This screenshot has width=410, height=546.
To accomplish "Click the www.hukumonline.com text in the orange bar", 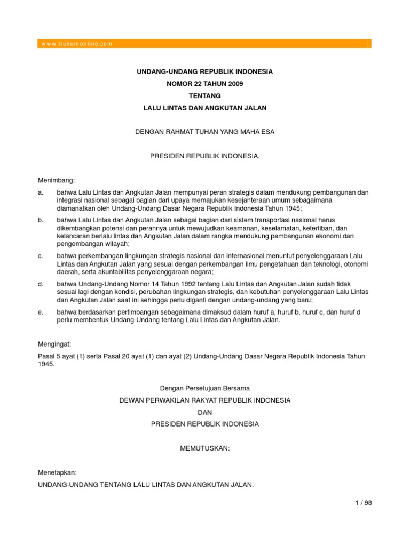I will click(75, 44).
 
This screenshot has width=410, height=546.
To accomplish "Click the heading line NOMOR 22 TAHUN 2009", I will click(204, 84).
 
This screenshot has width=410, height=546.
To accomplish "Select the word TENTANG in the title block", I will click(204, 96).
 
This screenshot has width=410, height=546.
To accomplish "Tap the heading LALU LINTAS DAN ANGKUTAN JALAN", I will click(204, 108).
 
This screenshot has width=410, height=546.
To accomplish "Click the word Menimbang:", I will click(57, 181).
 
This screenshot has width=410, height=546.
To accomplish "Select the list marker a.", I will click(41, 192).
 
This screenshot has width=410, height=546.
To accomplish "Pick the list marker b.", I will click(41, 220).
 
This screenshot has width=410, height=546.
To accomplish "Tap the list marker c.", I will click(41, 256).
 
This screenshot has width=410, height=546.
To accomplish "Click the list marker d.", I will click(41, 284).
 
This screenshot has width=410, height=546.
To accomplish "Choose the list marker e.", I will click(41, 311).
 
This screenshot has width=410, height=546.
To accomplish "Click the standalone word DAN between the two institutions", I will click(204, 412).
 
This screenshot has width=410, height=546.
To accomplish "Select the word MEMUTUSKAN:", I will click(204, 448).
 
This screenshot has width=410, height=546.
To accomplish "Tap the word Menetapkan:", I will click(57, 472).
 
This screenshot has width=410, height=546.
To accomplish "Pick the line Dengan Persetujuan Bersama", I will click(204, 388).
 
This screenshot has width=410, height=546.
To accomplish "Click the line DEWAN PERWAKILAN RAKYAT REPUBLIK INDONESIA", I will click(204, 400).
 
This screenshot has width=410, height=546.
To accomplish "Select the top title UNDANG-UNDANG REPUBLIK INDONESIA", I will click(204, 71).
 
